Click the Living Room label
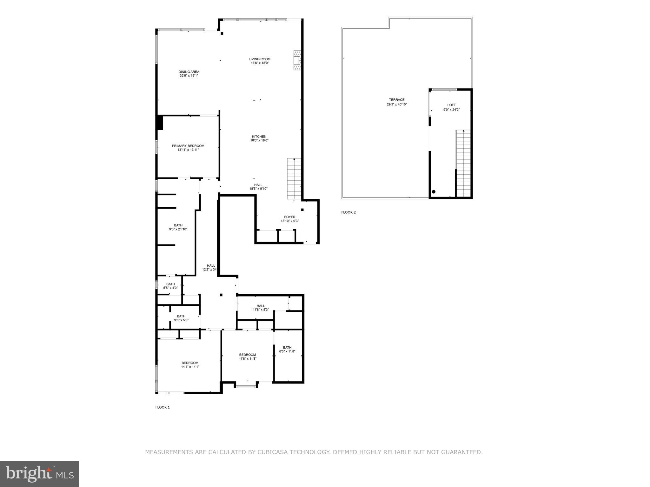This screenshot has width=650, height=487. click(x=259, y=59)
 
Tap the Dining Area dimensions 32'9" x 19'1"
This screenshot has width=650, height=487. click(x=189, y=76)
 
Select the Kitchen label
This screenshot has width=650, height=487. click(x=259, y=137)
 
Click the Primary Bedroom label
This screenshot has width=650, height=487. click(x=188, y=146)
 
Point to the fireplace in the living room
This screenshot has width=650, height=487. click(x=297, y=61)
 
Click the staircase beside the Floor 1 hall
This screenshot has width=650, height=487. click(x=294, y=179)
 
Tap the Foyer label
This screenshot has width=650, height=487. click(x=289, y=217)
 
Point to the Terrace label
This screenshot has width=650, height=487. click(x=397, y=100)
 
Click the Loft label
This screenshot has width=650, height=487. click(x=451, y=105)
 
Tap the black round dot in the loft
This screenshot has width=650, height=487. click(x=434, y=192)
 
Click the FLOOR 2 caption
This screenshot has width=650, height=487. click(x=348, y=212)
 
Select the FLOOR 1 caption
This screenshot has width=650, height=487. click(x=162, y=407)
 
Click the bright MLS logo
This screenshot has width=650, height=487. click(x=39, y=474)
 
